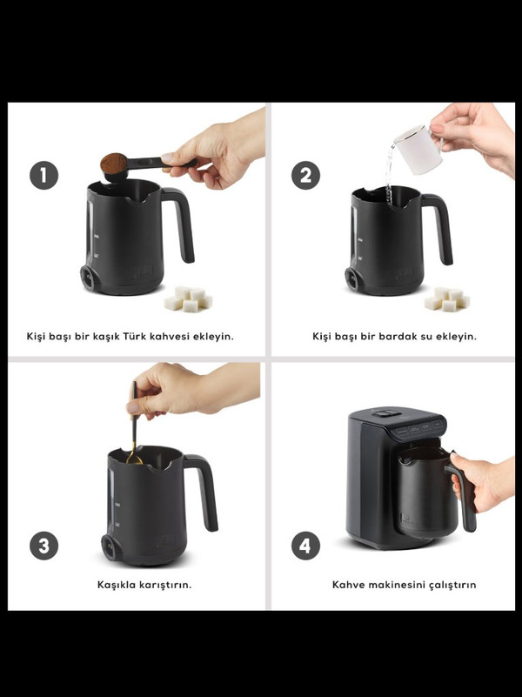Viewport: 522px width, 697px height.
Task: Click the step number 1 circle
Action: point(43,175)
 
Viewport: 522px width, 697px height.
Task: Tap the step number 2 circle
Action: point(305,175)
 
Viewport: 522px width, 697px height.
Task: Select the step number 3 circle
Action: point(43,546)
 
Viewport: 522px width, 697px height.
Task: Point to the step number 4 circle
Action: point(305,546)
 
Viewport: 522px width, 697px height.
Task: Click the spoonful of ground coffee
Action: point(114,163)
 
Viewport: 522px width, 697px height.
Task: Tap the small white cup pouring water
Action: point(418,149)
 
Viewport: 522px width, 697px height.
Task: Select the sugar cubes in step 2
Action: point(447,299)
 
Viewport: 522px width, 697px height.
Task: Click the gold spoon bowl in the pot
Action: point(134,458)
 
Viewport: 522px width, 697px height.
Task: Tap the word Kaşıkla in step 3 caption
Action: point(117,585)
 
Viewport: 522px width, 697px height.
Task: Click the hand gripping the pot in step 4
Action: point(483,481)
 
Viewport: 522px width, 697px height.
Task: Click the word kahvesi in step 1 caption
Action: point(171,336)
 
